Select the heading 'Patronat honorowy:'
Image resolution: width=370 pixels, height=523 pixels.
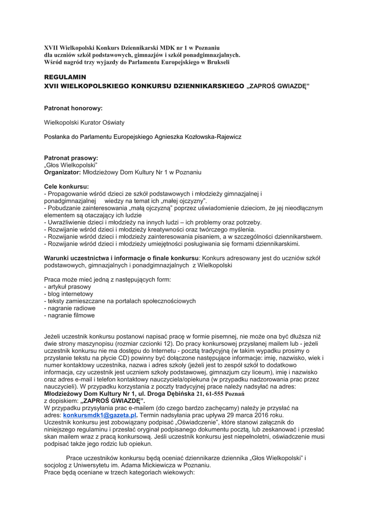(74, 108)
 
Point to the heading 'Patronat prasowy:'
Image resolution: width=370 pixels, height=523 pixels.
(71, 158)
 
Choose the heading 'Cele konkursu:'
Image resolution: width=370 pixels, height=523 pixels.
(66, 187)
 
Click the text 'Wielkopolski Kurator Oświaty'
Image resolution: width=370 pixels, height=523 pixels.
(84, 123)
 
